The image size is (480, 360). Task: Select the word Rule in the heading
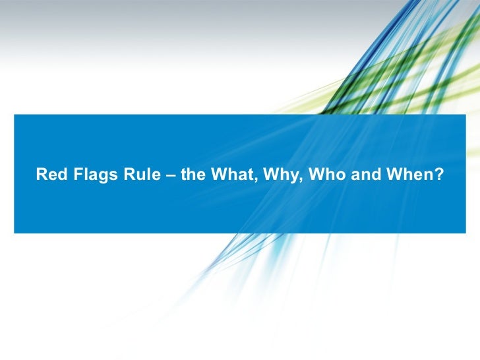(135, 175)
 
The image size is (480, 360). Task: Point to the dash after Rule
(164, 175)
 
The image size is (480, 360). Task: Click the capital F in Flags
(70, 175)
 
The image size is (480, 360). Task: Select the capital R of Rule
(123, 175)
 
